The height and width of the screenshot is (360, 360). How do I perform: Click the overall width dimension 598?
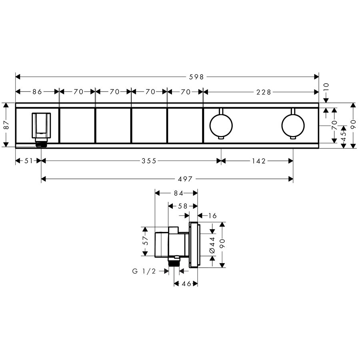[196, 77]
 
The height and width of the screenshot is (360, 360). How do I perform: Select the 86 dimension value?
[37, 92]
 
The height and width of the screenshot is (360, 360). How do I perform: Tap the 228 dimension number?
[264, 92]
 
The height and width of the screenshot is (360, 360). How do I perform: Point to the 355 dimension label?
[149, 161]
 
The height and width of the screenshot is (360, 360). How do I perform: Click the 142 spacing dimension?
[259, 161]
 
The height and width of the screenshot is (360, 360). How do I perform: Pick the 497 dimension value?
[185, 179]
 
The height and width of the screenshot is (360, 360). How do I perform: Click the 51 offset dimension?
[28, 161]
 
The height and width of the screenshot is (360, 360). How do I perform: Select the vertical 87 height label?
[7, 125]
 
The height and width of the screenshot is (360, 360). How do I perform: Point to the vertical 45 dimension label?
[344, 137]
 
